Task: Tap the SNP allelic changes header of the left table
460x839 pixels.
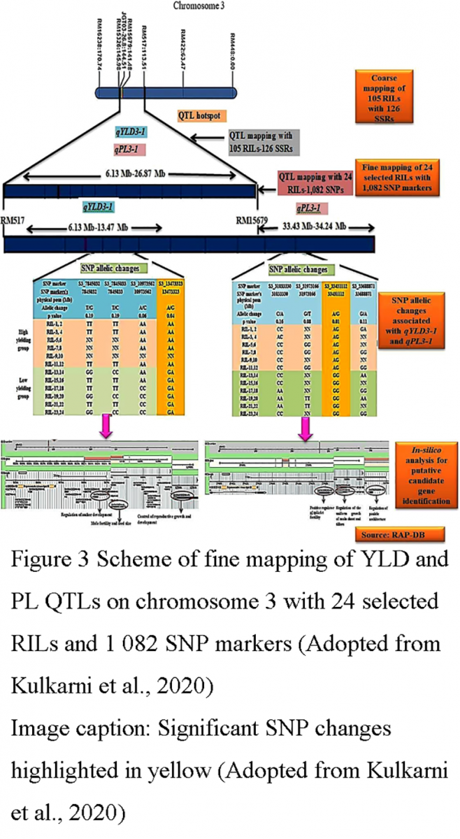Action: click(x=113, y=268)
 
